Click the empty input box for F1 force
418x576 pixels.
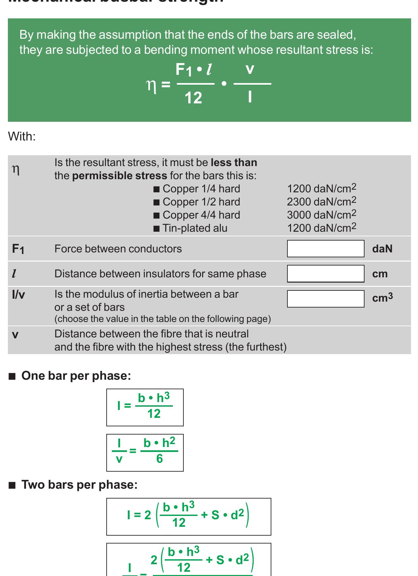point(325,248)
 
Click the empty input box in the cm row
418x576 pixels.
point(325,274)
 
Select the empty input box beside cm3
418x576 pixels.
point(325,299)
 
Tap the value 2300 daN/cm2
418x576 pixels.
point(321,202)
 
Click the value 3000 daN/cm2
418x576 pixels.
point(321,215)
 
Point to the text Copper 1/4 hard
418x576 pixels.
point(201,189)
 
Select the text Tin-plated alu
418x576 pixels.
point(195,228)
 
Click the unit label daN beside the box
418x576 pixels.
point(382,249)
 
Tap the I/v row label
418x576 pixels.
point(18,295)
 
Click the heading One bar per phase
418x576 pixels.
point(76,375)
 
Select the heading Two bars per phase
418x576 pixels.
point(79,484)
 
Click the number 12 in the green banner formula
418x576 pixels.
point(193,98)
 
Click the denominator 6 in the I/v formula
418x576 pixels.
point(159,459)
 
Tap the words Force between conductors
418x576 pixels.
point(118,249)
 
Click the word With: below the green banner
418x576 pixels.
point(22,136)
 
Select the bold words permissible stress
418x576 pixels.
point(119,176)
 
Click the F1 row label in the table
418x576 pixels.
point(18,249)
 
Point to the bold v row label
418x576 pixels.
point(15,335)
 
